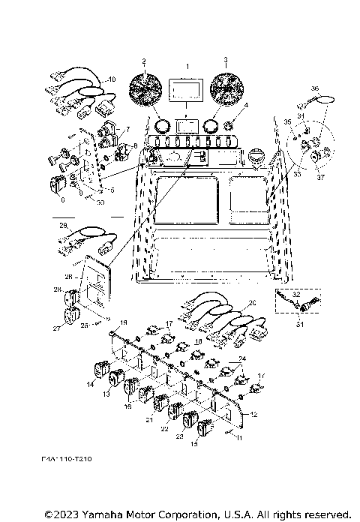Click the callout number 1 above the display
188,67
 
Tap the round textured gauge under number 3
226,91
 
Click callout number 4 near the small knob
245,105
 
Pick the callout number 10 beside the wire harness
112,79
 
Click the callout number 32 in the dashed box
295,295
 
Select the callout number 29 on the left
63,225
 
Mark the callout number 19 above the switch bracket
124,322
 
